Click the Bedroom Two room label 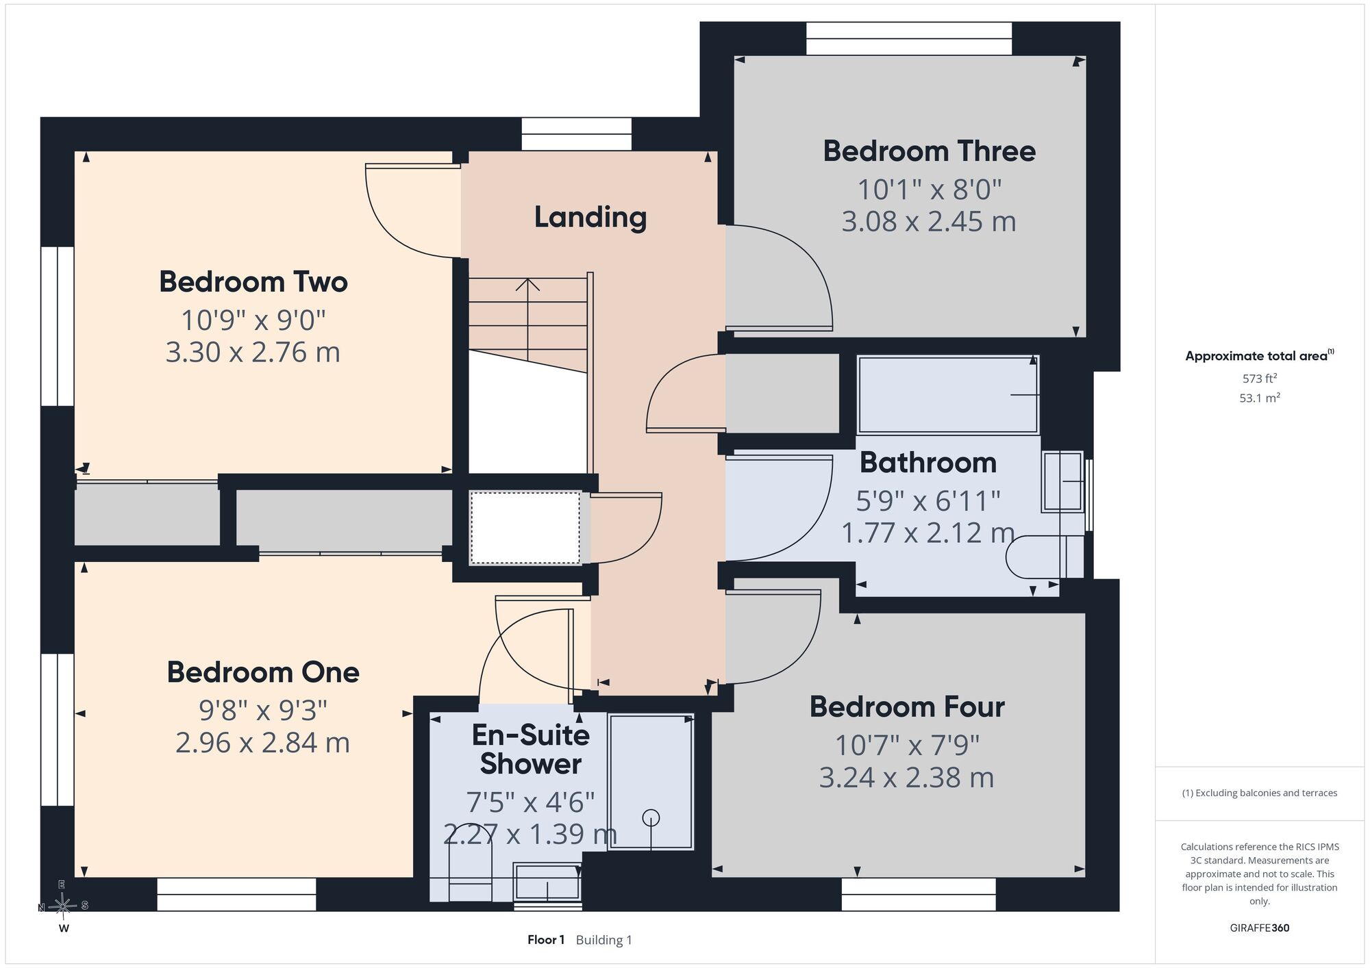coord(253,282)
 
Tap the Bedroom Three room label coord(929,151)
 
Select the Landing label coord(590,218)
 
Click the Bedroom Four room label coord(907,707)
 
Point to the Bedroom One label coord(263,672)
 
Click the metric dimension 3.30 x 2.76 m coord(253,353)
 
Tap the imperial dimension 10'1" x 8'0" coord(930,190)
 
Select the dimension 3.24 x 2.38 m coord(906,778)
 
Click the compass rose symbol coord(63,906)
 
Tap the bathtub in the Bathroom coord(948,394)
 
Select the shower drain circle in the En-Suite coord(651,817)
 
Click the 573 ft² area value coord(1260,378)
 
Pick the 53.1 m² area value coord(1260,398)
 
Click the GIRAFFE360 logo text coord(1260,928)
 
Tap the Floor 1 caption coord(546,940)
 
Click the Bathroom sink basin coord(1062,482)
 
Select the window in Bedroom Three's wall coord(909,38)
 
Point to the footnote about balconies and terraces coord(1260,793)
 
